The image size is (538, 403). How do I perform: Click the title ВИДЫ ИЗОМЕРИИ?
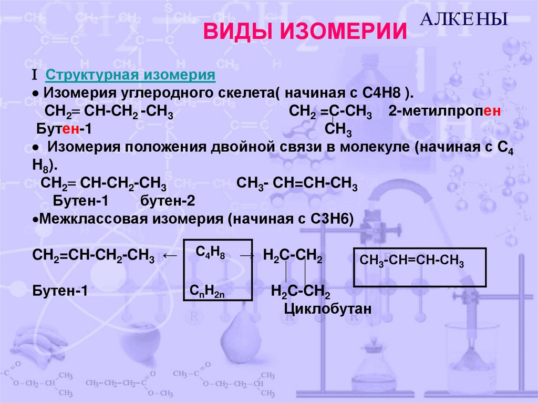tap(305, 32)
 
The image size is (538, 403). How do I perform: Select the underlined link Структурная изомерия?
tap(131, 75)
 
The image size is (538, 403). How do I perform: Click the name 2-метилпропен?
tap(443, 112)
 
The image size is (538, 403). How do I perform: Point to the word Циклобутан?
tap(328, 309)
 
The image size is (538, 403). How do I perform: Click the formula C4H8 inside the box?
tap(211, 253)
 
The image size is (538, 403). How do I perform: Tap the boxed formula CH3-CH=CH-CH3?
tap(412, 260)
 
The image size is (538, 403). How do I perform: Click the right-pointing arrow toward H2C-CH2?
tap(247, 255)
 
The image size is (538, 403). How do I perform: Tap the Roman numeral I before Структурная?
tap(34, 75)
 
